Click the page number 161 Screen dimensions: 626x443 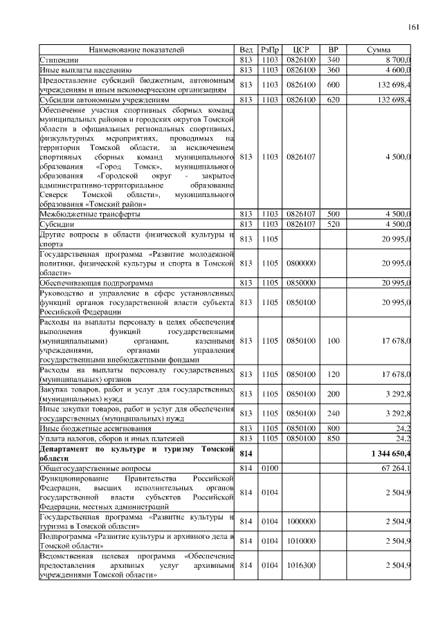point(413,27)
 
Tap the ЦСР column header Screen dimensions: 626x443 point(300,50)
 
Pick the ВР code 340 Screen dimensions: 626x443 point(333,60)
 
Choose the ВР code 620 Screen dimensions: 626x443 point(333,100)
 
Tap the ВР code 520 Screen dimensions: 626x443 point(333,224)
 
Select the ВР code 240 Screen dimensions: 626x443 point(333,414)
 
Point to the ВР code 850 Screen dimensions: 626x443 point(333,439)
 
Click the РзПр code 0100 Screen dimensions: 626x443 point(270,468)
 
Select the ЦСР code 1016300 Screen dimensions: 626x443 point(300,566)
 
